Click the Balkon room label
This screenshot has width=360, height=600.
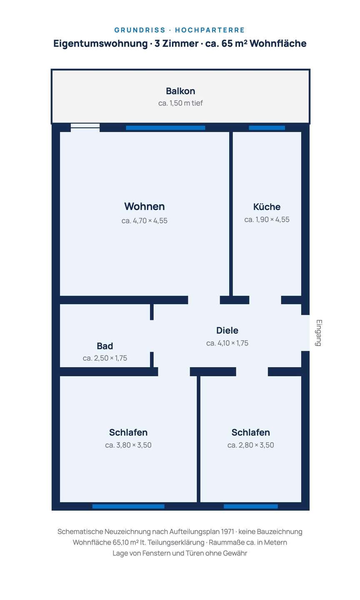tap(180, 91)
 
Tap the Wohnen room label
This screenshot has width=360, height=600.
tap(144, 207)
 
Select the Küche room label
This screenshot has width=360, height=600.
tap(267, 207)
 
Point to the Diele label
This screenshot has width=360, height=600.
tap(227, 330)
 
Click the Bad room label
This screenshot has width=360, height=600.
tap(105, 346)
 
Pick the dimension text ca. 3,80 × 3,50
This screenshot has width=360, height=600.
tap(128, 445)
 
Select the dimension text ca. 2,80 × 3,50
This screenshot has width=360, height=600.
tap(251, 445)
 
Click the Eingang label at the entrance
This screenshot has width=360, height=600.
tap(318, 332)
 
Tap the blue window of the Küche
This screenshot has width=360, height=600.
tap(267, 128)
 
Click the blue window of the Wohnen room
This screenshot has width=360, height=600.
tap(165, 128)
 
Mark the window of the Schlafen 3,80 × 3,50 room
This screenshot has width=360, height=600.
tap(128, 506)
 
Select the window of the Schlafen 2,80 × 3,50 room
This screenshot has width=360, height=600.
tap(251, 506)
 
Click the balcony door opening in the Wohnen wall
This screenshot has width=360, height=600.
tap(85, 126)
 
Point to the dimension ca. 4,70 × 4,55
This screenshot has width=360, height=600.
tap(144, 221)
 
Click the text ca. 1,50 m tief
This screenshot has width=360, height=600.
tap(180, 103)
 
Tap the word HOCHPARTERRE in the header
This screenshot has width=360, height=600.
tap(210, 30)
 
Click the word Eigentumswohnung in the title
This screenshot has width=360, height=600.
tap(100, 44)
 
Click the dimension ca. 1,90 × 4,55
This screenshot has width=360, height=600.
tap(267, 220)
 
